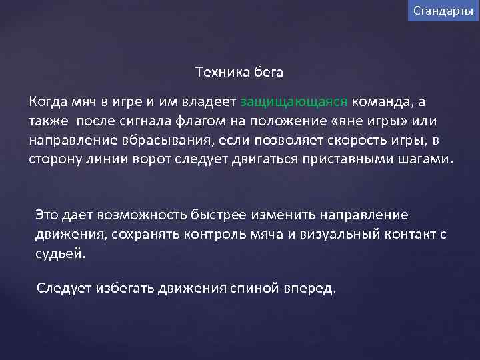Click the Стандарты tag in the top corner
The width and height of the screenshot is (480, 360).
[443, 11]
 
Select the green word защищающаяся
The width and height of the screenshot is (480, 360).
[293, 102]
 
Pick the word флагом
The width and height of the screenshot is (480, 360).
[200, 121]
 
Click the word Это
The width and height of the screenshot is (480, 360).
[47, 215]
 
